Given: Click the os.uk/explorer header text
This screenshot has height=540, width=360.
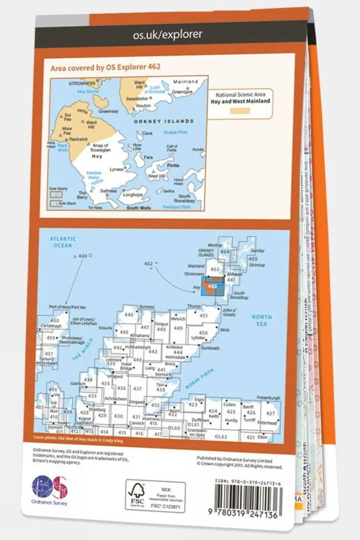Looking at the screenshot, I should click(x=167, y=35).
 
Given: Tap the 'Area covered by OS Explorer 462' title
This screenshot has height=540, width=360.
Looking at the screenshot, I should click(x=105, y=67).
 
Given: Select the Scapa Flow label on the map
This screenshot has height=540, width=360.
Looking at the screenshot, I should click(x=175, y=132).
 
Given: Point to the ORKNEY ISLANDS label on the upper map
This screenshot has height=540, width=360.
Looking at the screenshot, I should click(x=164, y=122).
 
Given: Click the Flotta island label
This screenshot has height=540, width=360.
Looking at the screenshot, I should click(x=172, y=165).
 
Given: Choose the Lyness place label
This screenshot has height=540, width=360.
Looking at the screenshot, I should click(x=116, y=169).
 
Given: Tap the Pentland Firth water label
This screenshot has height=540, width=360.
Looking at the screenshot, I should click(x=177, y=207).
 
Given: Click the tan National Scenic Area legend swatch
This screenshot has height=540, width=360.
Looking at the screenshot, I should click(x=240, y=111).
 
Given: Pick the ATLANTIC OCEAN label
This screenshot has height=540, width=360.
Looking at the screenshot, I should click(x=63, y=242).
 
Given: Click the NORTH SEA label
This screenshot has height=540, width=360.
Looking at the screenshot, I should click(x=262, y=320).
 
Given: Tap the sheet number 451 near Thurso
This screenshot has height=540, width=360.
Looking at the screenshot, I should click(x=203, y=316).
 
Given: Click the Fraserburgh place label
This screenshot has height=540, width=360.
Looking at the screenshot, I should click(x=269, y=397).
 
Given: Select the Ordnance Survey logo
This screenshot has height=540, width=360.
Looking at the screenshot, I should click(x=50, y=489).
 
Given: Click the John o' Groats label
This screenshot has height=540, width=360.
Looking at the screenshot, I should click(x=229, y=312).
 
